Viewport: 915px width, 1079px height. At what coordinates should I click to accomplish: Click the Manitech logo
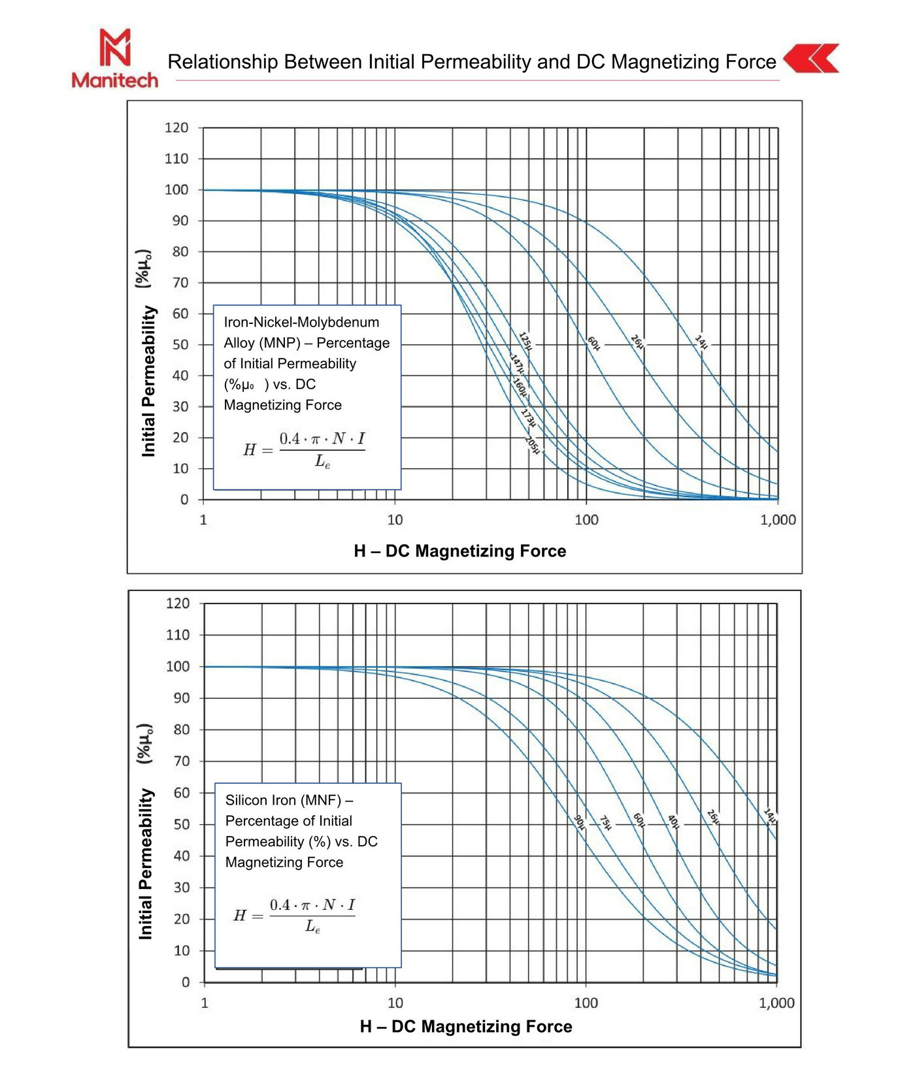[x=115, y=58]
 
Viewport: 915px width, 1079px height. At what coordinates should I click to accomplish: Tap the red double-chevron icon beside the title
[x=811, y=59]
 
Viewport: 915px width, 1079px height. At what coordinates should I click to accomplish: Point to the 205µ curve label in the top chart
[x=533, y=445]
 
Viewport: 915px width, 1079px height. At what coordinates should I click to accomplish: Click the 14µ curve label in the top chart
[x=701, y=342]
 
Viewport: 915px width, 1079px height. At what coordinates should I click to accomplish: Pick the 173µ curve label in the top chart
[x=528, y=417]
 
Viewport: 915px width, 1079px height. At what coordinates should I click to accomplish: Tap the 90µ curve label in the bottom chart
[x=580, y=822]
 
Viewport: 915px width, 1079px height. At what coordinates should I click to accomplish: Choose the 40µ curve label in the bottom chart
[x=673, y=822]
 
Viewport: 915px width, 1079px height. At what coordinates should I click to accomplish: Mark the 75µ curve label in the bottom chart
[x=606, y=822]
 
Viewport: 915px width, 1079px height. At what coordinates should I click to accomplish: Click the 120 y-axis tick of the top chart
[x=176, y=128]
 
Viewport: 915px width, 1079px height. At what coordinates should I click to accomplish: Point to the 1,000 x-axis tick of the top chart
[x=778, y=520]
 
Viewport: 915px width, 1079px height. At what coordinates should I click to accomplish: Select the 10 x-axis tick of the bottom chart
[x=395, y=1003]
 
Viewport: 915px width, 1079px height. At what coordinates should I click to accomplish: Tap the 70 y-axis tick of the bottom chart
[x=181, y=761]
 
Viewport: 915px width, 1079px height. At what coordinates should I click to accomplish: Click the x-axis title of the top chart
[x=460, y=551]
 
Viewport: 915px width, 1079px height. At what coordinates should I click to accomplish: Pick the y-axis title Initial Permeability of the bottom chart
[x=146, y=864]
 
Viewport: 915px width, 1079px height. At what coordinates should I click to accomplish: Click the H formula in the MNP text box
[x=305, y=449]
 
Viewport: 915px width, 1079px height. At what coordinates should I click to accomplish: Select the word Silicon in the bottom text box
[x=247, y=800]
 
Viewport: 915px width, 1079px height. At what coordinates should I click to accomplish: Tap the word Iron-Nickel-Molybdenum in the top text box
[x=301, y=322]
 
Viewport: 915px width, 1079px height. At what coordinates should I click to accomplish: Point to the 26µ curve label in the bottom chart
[x=713, y=816]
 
